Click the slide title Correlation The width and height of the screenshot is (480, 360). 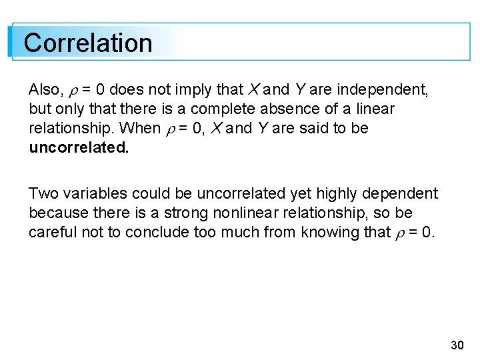pos(88,43)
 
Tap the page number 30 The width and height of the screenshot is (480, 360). pos(457,345)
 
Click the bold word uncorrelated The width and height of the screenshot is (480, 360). pos(79,147)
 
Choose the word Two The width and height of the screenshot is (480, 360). pos(44,193)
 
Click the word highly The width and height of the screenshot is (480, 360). pos(337,194)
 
